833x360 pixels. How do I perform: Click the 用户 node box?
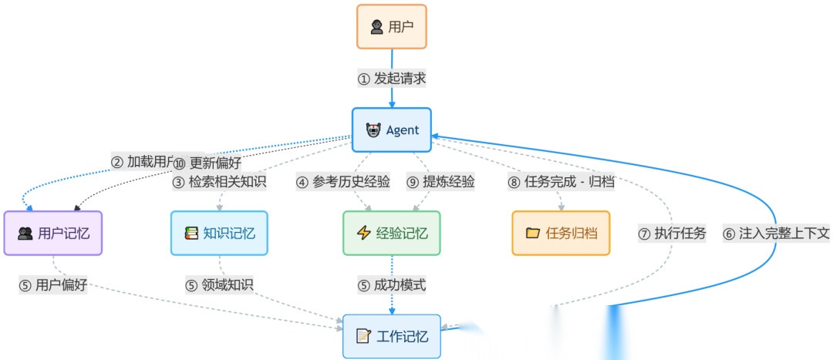pyautogui.click(x=391, y=27)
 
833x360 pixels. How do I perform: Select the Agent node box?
pyautogui.click(x=391, y=130)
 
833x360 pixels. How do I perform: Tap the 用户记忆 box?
pyautogui.click(x=52, y=233)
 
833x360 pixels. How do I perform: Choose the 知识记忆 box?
pyautogui.click(x=219, y=233)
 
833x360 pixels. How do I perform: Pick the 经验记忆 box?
pyautogui.click(x=391, y=233)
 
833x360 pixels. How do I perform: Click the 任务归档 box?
pyautogui.click(x=561, y=233)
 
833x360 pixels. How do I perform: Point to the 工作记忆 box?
pyautogui.click(x=391, y=336)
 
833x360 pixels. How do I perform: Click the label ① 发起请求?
pyautogui.click(x=392, y=79)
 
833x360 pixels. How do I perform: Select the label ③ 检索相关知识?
pyautogui.click(x=218, y=183)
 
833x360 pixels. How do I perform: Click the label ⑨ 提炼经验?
pyautogui.click(x=440, y=183)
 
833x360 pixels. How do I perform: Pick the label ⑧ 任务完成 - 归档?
pyautogui.click(x=561, y=183)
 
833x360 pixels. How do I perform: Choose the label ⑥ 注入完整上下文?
pyautogui.click(x=776, y=234)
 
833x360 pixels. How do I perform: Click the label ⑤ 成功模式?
pyautogui.click(x=392, y=285)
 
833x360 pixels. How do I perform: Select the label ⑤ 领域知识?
pyautogui.click(x=219, y=285)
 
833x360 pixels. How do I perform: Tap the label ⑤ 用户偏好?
pyautogui.click(x=53, y=285)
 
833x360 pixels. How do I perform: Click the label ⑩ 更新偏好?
pyautogui.click(x=207, y=163)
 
